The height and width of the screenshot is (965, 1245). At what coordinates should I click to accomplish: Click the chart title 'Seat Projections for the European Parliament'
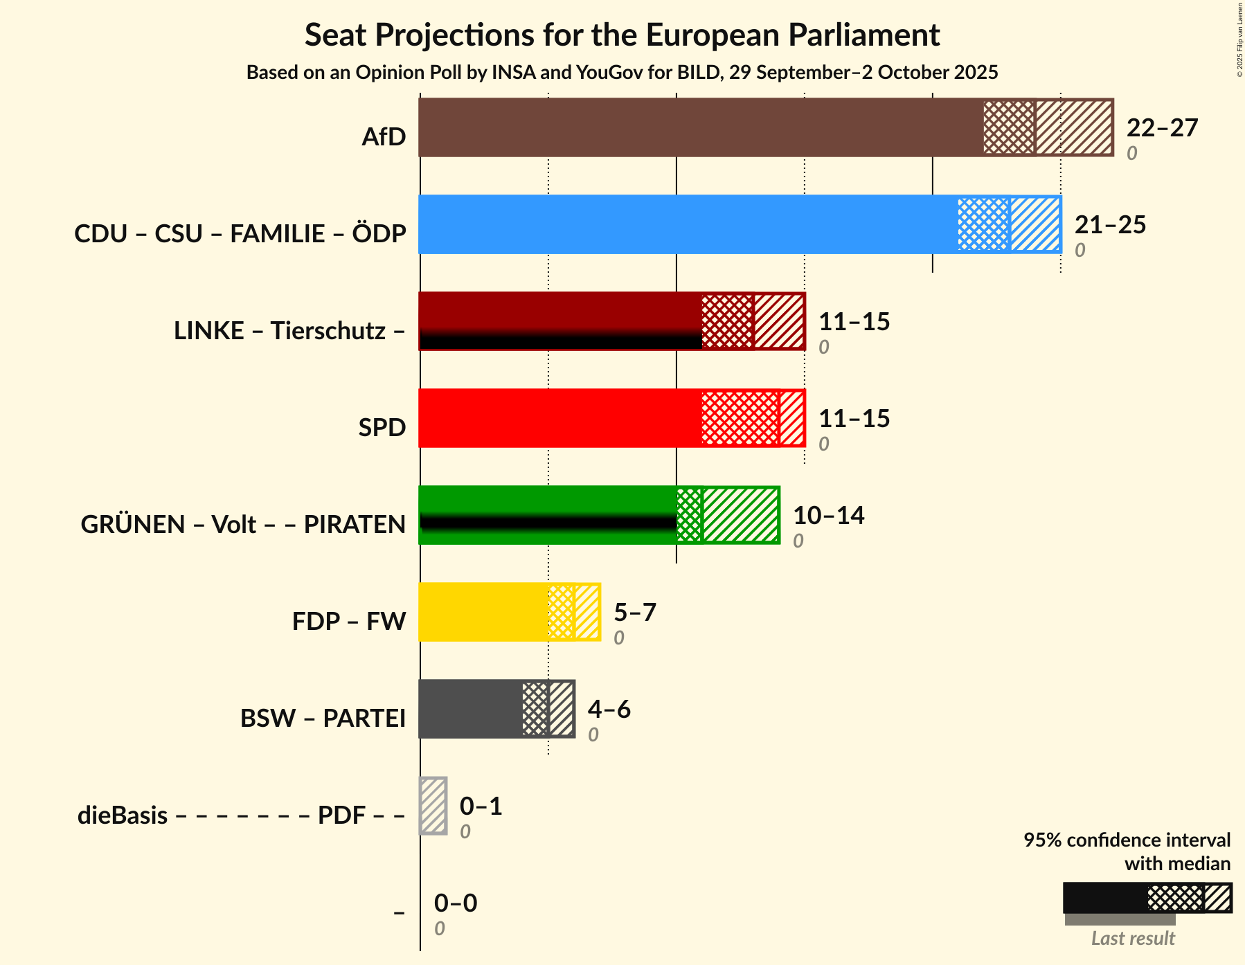pos(622,35)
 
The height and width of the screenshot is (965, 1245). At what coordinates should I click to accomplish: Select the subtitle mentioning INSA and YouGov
pos(622,73)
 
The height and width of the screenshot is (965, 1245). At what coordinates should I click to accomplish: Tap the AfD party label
pos(384,137)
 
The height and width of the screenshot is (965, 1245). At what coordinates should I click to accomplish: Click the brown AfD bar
pos(699,127)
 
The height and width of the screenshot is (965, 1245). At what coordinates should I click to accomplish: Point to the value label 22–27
pos(1162,128)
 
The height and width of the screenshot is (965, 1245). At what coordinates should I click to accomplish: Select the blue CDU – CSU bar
pos(686,224)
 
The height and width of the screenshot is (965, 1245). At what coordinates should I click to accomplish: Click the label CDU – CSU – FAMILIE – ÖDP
pos(240,234)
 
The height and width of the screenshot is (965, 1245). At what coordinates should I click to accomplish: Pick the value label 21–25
pos(1110,225)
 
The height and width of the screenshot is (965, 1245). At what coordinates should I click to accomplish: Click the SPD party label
pos(382,428)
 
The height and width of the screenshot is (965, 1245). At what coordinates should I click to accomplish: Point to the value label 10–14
pos(828,516)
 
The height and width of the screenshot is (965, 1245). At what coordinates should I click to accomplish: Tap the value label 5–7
pos(634,613)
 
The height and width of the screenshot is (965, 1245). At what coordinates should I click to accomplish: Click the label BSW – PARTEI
pos(323,719)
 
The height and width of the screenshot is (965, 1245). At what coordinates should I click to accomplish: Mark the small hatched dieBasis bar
pos(433,806)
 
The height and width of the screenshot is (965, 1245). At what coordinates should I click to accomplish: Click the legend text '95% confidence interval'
pos(1127,840)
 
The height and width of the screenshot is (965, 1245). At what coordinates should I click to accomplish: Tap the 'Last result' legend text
pos(1133,939)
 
